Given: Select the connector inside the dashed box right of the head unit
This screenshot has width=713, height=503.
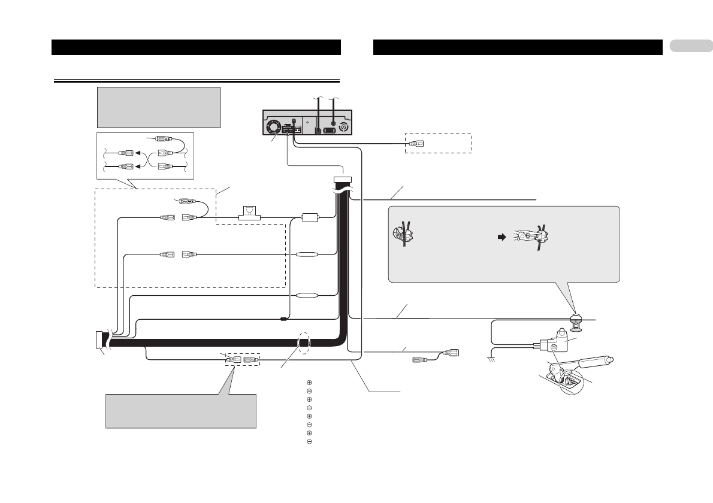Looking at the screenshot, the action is coord(419,143).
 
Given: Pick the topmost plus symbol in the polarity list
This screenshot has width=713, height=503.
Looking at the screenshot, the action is coord(310,382).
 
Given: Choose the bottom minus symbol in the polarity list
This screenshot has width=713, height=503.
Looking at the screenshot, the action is coord(310,442).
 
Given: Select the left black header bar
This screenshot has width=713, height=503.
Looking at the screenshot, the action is coord(196,47).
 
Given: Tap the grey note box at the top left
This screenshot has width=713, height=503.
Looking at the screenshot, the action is coord(159,107).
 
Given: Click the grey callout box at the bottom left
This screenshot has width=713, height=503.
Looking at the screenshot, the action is coord(181,411).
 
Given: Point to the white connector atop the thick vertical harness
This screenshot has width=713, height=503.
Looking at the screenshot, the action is coord(342,179).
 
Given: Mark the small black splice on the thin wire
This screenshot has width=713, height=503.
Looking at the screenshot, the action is coord(283,319).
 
